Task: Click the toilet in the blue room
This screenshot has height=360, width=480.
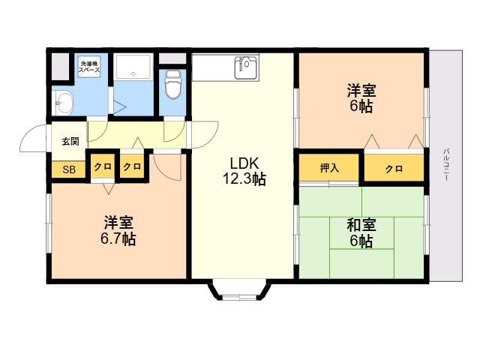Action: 173,85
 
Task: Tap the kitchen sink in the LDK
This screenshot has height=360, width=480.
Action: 245,67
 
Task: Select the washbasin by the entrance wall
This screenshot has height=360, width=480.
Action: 63,103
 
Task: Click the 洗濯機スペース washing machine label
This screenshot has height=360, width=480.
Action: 89,67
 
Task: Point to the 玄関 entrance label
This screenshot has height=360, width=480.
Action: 70,142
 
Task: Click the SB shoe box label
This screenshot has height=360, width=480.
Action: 69,169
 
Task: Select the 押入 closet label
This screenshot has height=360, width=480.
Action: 329,168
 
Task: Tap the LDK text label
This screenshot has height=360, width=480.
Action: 245,163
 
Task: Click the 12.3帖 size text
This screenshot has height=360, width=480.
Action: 244,178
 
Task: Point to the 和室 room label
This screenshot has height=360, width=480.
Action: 361,225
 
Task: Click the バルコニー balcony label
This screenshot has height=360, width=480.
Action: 446,164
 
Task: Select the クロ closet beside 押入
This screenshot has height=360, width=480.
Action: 394,169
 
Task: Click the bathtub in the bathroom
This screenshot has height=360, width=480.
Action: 133,67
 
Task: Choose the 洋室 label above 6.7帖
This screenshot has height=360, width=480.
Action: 118,223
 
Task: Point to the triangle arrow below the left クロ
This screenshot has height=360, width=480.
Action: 108,188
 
